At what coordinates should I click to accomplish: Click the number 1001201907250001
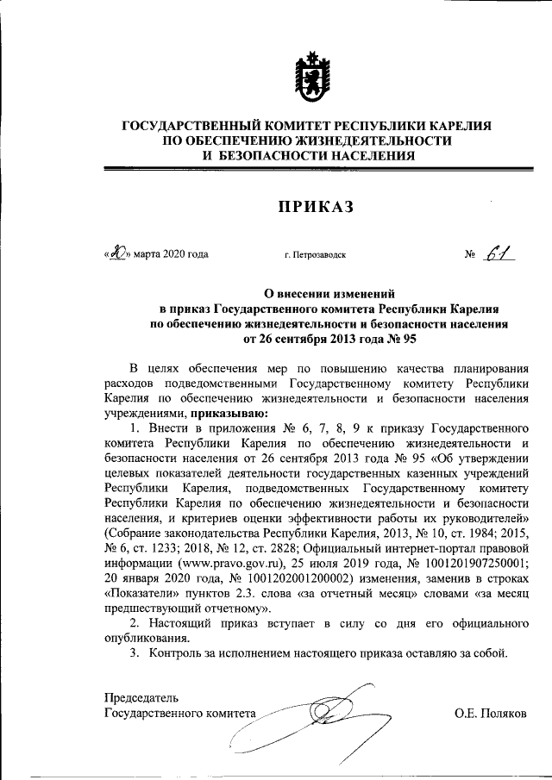[479, 554]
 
